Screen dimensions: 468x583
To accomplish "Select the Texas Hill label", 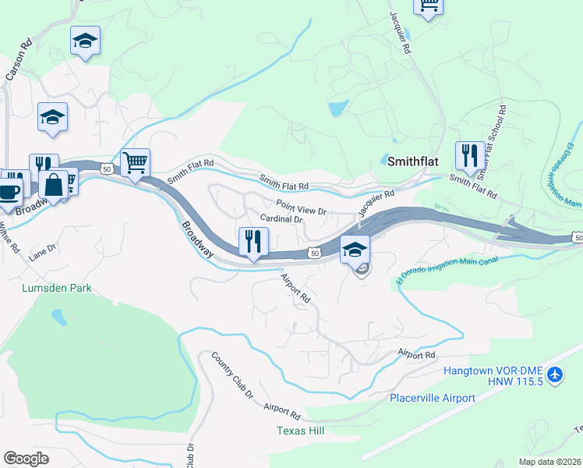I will pyautogui.click(x=300, y=431).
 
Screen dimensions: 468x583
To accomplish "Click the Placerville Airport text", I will pyautogui.click(x=433, y=398).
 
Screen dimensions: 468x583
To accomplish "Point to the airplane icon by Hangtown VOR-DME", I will pyautogui.click(x=555, y=376).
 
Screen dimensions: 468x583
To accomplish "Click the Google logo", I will pyautogui.click(x=26, y=458).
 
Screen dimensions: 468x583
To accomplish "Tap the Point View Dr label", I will pyautogui.click(x=301, y=211).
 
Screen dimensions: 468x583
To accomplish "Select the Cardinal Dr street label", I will pyautogui.click(x=281, y=219).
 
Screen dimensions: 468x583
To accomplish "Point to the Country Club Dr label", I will pyautogui.click(x=233, y=375).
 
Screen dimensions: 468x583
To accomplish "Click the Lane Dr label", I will pyautogui.click(x=43, y=252).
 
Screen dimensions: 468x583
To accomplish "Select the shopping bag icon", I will pyautogui.click(x=54, y=186).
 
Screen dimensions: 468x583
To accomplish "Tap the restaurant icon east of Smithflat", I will pyautogui.click(x=468, y=154).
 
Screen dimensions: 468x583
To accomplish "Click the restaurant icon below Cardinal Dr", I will pyautogui.click(x=252, y=240).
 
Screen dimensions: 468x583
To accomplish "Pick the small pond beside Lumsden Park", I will pyautogui.click(x=57, y=317).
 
